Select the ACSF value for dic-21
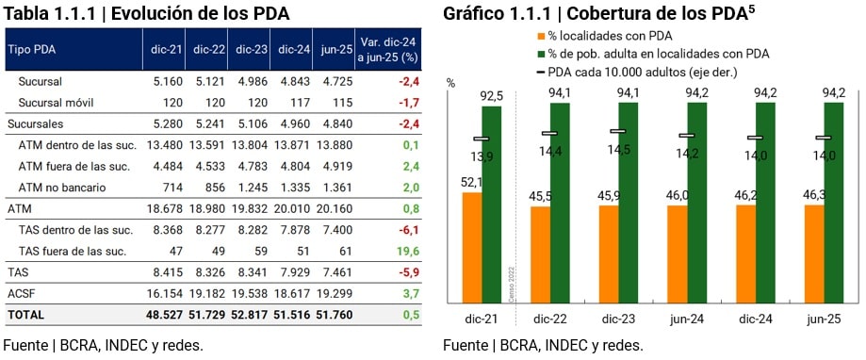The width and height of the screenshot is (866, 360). (167, 293)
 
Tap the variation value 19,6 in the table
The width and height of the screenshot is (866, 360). (406, 251)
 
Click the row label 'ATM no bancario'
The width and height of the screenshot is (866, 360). (63, 188)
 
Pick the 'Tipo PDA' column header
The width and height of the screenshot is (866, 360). (33, 48)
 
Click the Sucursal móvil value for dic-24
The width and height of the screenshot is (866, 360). (296, 103)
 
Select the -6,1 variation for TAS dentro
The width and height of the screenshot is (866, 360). (406, 230)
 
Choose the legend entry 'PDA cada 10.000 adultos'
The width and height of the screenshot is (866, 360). (633, 72)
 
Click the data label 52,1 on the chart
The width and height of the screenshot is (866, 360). (472, 183)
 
